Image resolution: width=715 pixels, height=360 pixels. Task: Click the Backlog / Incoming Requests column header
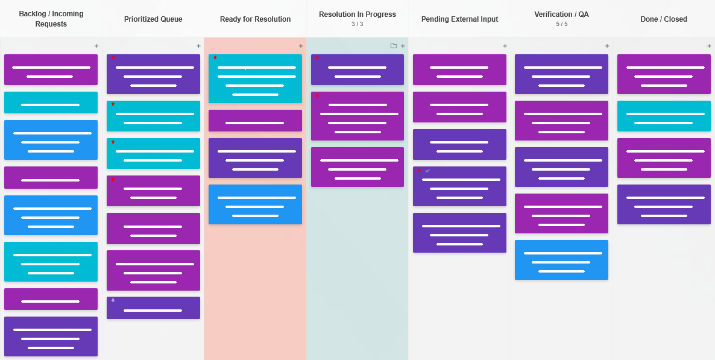click(51, 19)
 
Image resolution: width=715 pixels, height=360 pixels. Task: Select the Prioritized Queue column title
click(153, 19)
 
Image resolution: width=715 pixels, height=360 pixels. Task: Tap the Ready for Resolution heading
click(255, 19)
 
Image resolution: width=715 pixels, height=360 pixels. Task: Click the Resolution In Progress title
click(357, 14)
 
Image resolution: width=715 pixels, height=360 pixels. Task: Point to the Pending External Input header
click(459, 19)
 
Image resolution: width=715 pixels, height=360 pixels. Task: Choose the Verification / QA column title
click(561, 14)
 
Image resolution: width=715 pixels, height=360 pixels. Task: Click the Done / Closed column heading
click(664, 19)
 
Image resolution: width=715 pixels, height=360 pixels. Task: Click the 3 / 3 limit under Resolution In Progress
click(357, 24)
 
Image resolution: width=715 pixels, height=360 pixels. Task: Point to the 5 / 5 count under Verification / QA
click(561, 24)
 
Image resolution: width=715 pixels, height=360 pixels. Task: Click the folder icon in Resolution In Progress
click(394, 46)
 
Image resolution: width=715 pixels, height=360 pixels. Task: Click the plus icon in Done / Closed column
click(709, 46)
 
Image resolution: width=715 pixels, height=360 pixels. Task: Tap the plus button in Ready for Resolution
click(301, 46)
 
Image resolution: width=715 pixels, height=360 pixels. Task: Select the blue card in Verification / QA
click(561, 260)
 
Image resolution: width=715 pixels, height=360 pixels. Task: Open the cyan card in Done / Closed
click(664, 116)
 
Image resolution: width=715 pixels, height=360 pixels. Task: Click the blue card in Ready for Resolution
click(255, 204)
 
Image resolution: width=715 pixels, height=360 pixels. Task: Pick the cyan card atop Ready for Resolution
click(255, 78)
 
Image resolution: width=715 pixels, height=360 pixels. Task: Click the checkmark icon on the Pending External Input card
click(427, 171)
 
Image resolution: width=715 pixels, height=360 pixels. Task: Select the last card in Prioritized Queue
click(153, 308)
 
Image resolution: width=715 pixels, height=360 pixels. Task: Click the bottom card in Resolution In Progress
click(357, 167)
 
